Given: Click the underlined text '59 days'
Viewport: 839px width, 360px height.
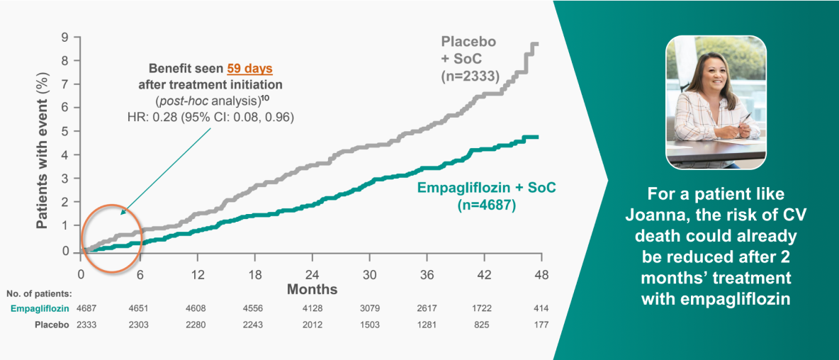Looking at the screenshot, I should click(249, 69).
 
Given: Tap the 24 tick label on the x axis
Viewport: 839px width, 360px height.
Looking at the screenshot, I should click(312, 274).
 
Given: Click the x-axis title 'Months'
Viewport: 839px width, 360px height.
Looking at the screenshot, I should click(312, 290).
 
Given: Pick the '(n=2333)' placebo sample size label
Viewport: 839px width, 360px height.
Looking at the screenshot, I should click(468, 74).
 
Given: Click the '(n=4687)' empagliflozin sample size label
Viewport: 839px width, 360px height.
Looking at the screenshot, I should click(483, 206).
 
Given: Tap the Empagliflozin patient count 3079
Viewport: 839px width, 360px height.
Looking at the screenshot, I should click(370, 308).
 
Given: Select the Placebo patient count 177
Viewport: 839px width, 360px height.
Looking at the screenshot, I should click(541, 325).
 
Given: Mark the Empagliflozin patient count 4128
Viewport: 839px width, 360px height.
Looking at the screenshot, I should click(312, 308).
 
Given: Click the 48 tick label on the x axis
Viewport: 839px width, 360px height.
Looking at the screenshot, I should click(541, 274).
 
